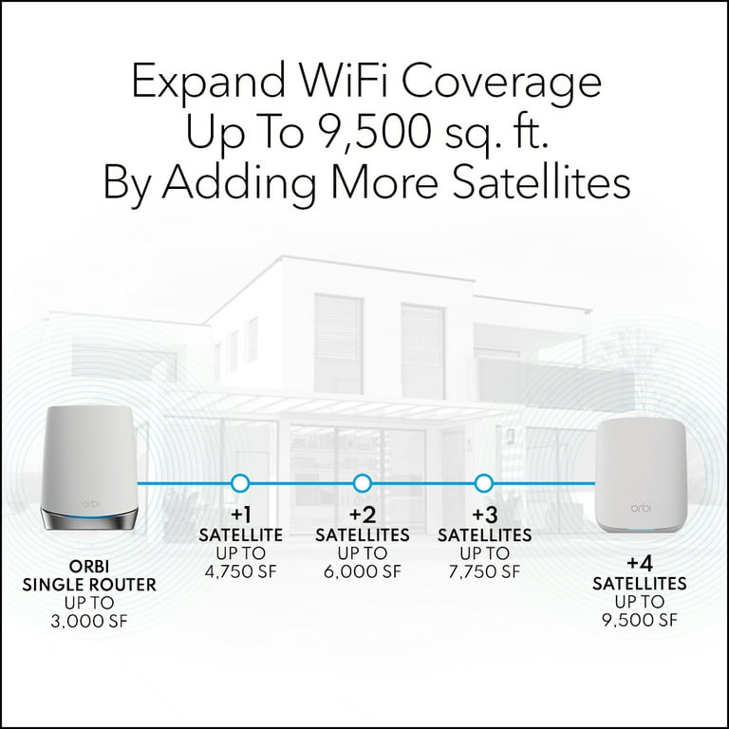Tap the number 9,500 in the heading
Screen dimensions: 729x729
[x=374, y=131]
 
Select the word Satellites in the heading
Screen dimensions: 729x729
[x=541, y=181]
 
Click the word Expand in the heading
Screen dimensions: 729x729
[x=209, y=81]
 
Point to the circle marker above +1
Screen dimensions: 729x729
[x=240, y=483]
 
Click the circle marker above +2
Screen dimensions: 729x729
[x=363, y=483]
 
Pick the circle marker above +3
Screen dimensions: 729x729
[x=484, y=483]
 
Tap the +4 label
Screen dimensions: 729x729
[x=640, y=563]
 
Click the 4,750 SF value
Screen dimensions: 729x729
[x=241, y=571]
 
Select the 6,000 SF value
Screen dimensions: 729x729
[x=363, y=571]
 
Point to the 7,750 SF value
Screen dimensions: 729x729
[x=484, y=571]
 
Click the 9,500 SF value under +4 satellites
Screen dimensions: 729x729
[x=640, y=620]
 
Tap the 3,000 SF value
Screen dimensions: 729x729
[x=89, y=621]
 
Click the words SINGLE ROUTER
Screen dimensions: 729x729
[x=89, y=585]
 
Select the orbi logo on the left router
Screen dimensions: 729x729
[x=91, y=503]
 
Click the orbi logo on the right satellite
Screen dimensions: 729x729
[x=641, y=508]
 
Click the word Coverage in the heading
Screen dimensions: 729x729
[x=501, y=83]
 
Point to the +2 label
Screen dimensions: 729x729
[x=363, y=514]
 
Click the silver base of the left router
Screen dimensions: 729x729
[x=89, y=520]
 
